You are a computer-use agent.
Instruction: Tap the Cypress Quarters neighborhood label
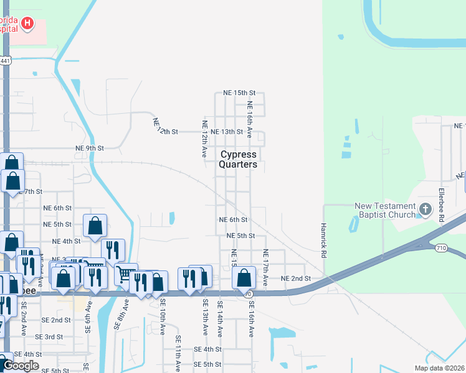[238, 159]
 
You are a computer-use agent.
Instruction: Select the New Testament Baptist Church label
[384, 211]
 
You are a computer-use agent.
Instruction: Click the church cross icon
[426, 209]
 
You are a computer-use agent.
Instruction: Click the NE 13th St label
[227, 132]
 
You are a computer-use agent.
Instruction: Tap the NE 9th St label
[89, 148]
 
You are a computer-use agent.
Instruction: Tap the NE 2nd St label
[295, 279]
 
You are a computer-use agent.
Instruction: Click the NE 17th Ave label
[265, 267]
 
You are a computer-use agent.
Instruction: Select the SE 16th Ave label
[252, 319]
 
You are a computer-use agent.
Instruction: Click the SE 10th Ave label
[162, 316]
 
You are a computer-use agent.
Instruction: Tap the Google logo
[20, 366]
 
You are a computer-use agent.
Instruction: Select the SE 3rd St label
[49, 336]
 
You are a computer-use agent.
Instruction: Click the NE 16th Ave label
[249, 120]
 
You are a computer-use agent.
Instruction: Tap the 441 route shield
[5, 60]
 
